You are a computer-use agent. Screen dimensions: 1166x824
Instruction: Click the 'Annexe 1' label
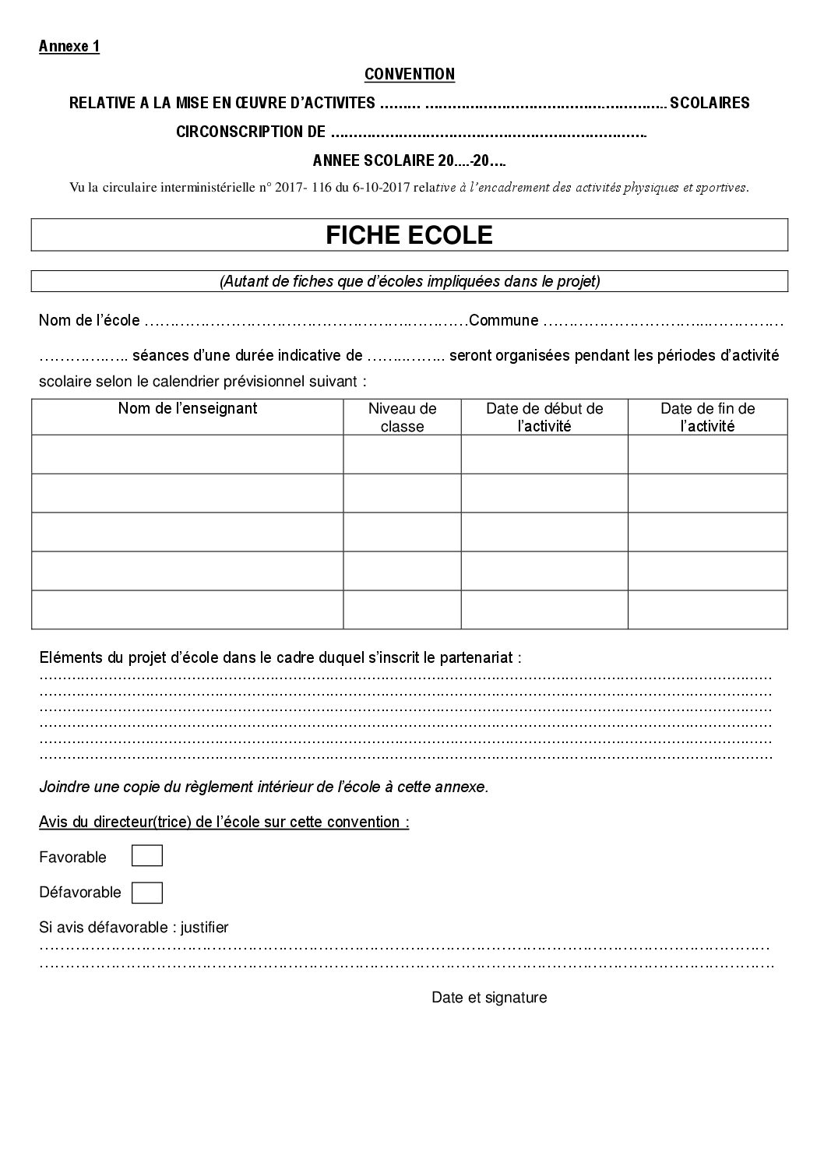pyautogui.click(x=69, y=46)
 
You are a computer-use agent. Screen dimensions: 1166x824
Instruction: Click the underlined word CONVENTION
pyautogui.click(x=410, y=74)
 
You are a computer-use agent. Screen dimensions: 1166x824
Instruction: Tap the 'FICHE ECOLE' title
pyautogui.click(x=409, y=235)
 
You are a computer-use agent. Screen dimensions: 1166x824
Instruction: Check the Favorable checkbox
pyautogui.click(x=147, y=857)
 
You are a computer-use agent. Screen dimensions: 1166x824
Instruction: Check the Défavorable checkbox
pyautogui.click(x=147, y=892)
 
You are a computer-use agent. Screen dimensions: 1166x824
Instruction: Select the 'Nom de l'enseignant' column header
pyautogui.click(x=188, y=408)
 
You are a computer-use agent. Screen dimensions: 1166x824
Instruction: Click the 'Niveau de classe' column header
pyautogui.click(x=403, y=417)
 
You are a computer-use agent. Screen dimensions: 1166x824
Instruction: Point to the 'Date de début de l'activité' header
pyautogui.click(x=544, y=417)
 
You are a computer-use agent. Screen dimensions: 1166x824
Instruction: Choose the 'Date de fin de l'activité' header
pyautogui.click(x=707, y=417)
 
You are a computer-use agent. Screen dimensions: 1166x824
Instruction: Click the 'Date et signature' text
pyautogui.click(x=489, y=997)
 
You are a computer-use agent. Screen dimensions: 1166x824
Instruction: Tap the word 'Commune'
pyautogui.click(x=504, y=320)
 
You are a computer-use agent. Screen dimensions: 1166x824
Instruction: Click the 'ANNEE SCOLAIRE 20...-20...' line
pyautogui.click(x=409, y=160)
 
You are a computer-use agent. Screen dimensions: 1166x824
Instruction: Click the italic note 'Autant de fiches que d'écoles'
pyautogui.click(x=410, y=281)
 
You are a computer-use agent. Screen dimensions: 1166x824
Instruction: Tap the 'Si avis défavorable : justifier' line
pyautogui.click(x=134, y=927)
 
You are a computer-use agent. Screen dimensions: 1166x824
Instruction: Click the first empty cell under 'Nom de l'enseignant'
pyautogui.click(x=188, y=454)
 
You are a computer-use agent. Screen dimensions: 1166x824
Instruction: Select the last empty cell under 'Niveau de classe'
pyautogui.click(x=403, y=609)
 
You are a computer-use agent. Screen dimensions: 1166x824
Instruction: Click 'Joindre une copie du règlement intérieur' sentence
pyautogui.click(x=264, y=787)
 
